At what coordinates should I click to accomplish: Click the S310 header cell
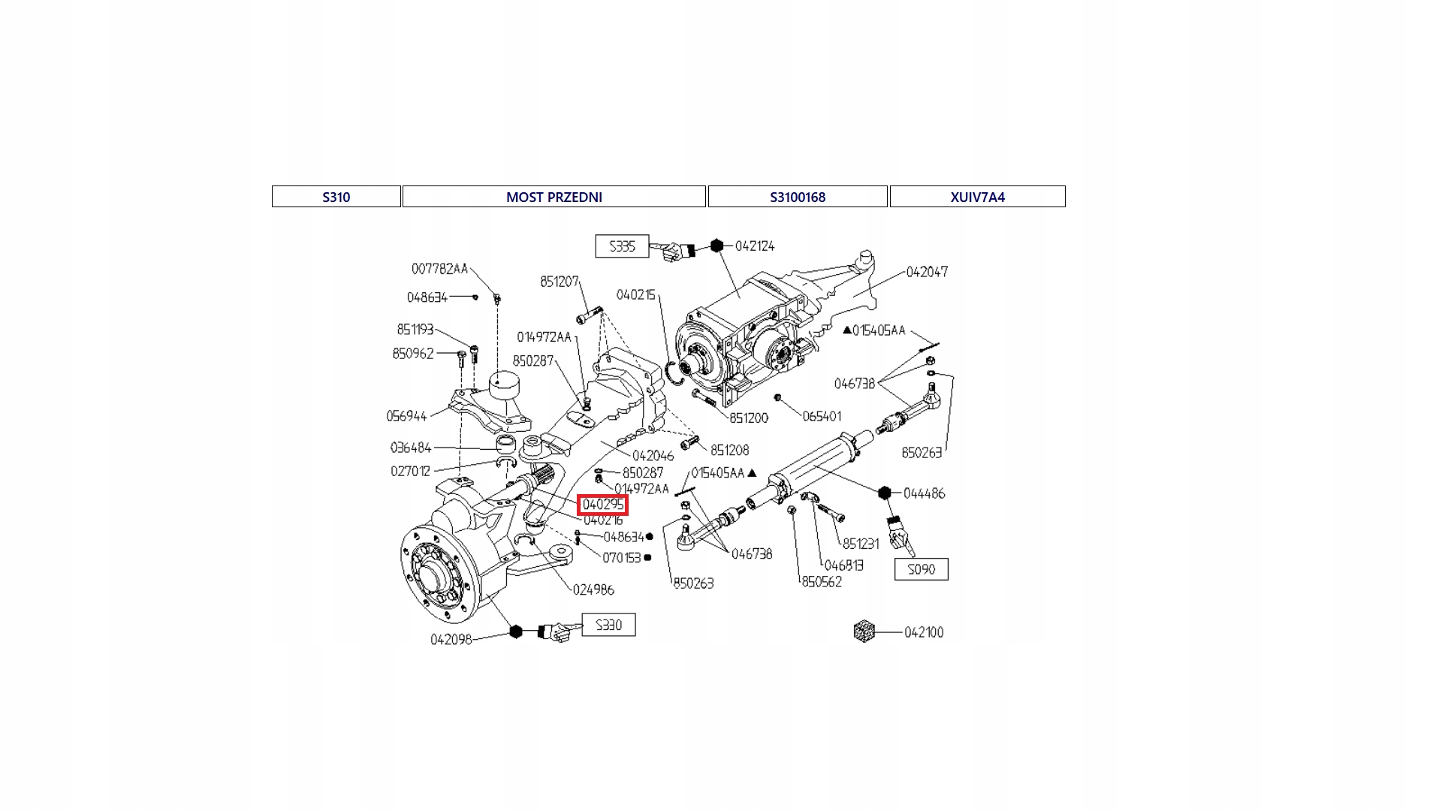coord(336,197)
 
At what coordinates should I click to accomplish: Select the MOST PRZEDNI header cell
coord(554,197)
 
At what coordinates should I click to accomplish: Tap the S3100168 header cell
coord(797,197)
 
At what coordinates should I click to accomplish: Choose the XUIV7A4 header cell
coord(977,197)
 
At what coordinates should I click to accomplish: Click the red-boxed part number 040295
coord(603,505)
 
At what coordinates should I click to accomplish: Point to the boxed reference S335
coord(622,246)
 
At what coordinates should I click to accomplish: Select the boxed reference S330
coord(608,625)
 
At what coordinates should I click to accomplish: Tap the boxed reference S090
coord(921,569)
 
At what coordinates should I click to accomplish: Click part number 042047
coord(927,272)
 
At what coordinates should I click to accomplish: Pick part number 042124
coord(755,246)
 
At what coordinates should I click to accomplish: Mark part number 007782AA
coord(439,269)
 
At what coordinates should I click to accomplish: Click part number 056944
coord(406,416)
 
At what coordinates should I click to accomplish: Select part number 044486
coord(924,493)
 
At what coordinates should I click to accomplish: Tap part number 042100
coord(924,632)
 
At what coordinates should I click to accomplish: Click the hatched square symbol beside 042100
coord(864,631)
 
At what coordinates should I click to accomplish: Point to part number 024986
coord(593,589)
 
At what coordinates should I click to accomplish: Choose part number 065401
coord(822,416)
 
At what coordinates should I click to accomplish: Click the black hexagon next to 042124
coord(716,246)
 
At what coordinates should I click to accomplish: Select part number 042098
coord(451,640)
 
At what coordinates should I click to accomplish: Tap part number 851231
coord(861,544)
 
